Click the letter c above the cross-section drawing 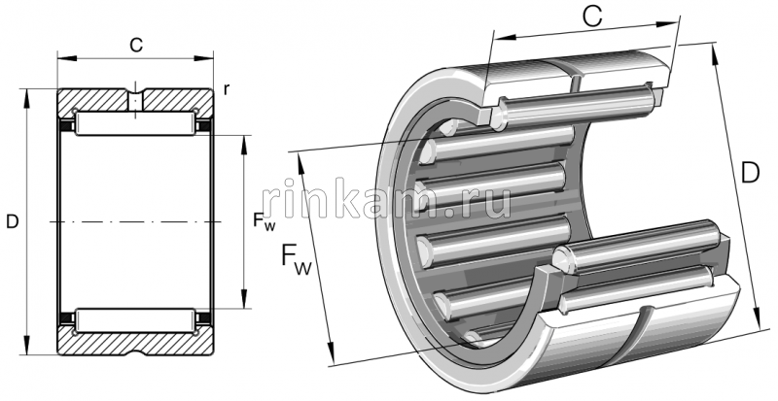click(136, 43)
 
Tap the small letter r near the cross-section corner click(226, 90)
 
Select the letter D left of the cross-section click(12, 222)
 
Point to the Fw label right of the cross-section click(264, 222)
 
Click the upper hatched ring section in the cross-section click(97, 101)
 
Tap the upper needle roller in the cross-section click(136, 124)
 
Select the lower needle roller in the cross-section click(136, 317)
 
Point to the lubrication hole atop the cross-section click(136, 97)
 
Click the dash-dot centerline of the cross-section click(136, 222)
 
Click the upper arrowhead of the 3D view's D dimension click(716, 50)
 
